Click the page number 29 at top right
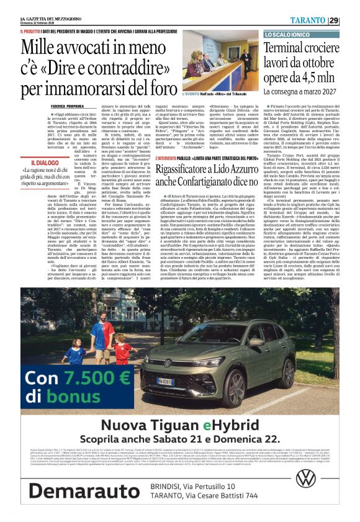pyautogui.click(x=351, y=19)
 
